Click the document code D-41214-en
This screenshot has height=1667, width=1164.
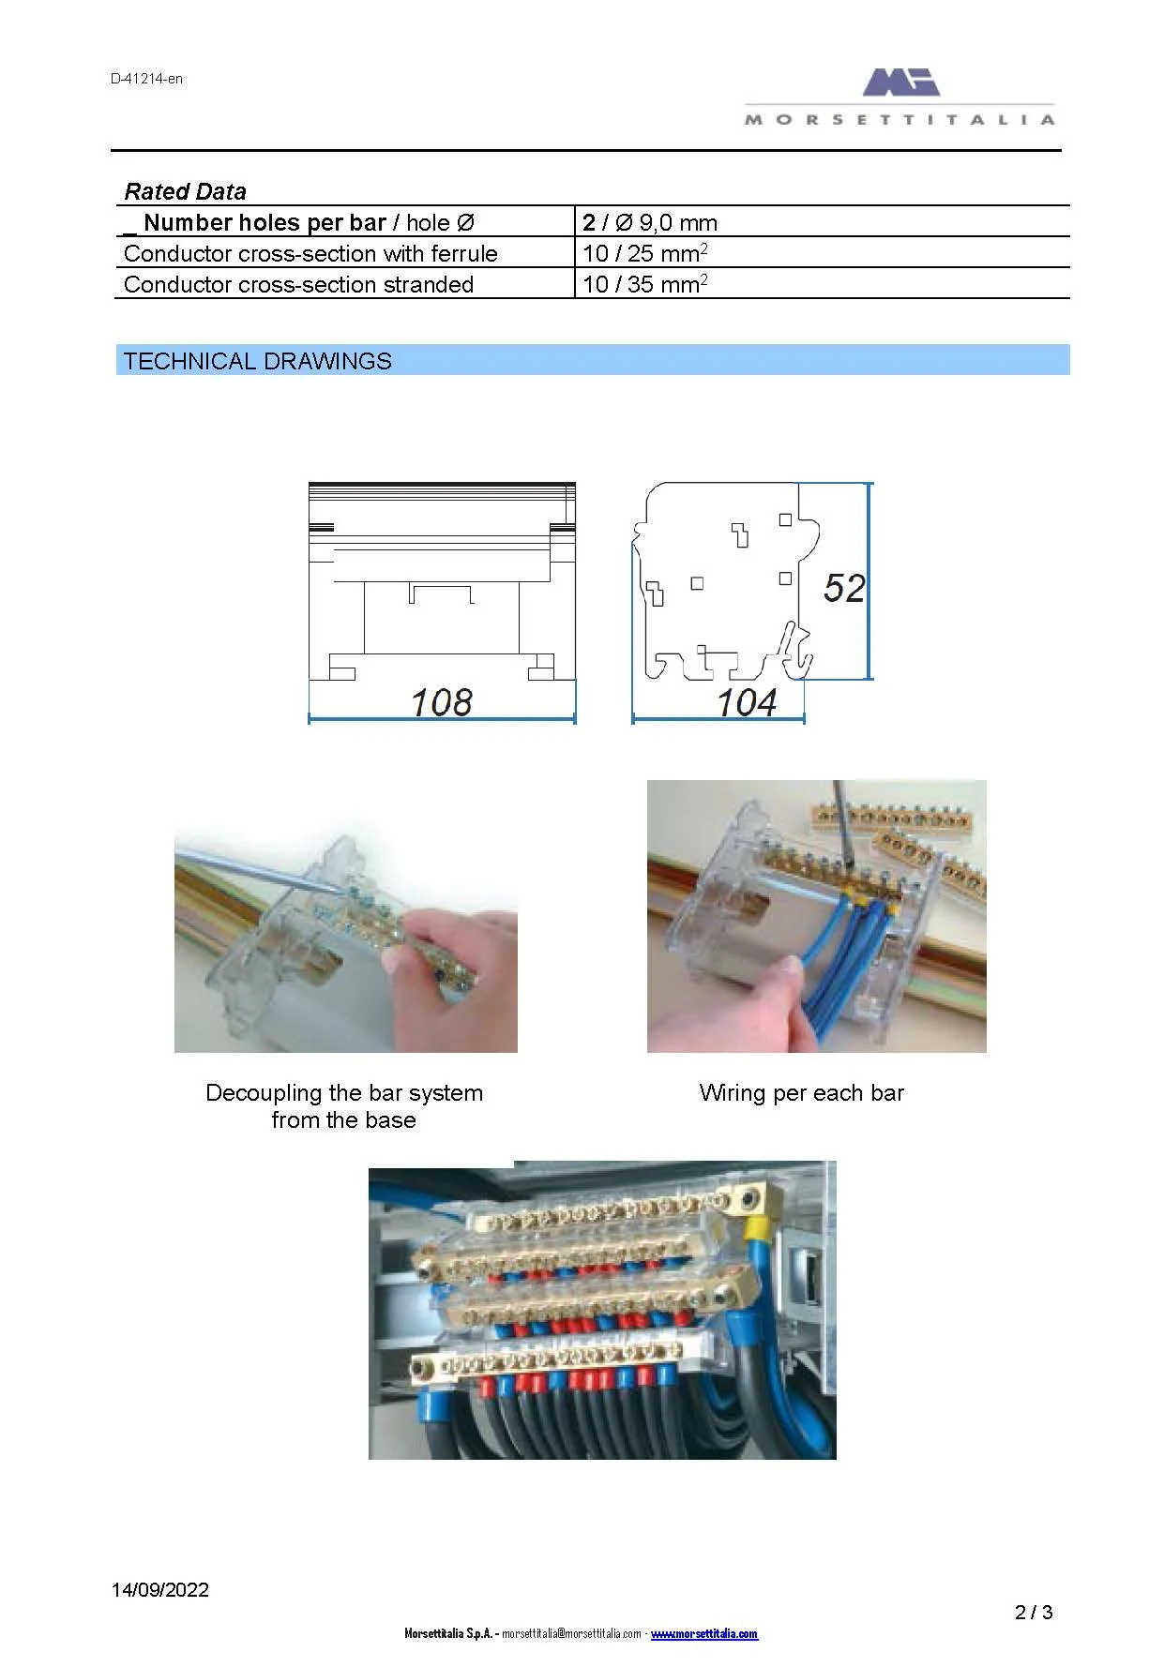click(146, 79)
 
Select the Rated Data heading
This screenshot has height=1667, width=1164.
click(185, 192)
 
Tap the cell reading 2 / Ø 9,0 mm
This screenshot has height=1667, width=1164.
click(649, 223)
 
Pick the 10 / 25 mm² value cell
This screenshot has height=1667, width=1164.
click(644, 254)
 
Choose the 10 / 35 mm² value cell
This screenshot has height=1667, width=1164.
click(644, 285)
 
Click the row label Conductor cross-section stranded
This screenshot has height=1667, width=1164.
click(298, 285)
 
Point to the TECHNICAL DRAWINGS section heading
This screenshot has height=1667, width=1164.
click(257, 362)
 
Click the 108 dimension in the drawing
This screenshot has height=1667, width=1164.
click(442, 702)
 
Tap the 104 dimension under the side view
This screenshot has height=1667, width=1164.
click(747, 702)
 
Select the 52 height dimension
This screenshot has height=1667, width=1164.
click(843, 589)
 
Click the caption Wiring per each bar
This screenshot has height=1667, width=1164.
click(801, 1093)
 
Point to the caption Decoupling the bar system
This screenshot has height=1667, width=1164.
click(343, 1093)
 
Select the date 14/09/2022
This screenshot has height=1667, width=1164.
click(160, 1590)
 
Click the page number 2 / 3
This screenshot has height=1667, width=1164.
click(1034, 1613)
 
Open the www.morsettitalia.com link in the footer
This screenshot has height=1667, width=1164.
click(703, 1634)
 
